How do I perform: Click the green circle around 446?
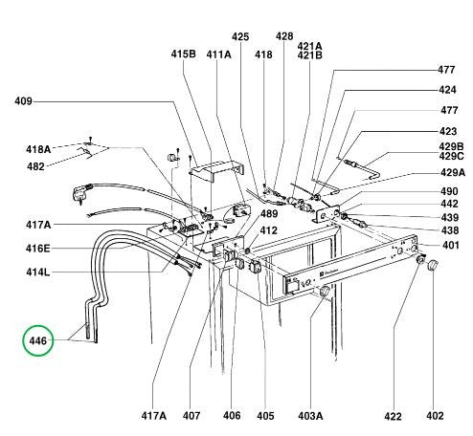23,340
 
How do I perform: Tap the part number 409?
24,101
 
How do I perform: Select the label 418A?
38,149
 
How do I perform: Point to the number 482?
35,166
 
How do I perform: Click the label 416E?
38,249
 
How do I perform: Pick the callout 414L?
38,272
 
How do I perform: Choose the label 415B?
184,54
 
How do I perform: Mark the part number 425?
240,37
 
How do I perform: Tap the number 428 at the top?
284,36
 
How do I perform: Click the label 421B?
310,55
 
